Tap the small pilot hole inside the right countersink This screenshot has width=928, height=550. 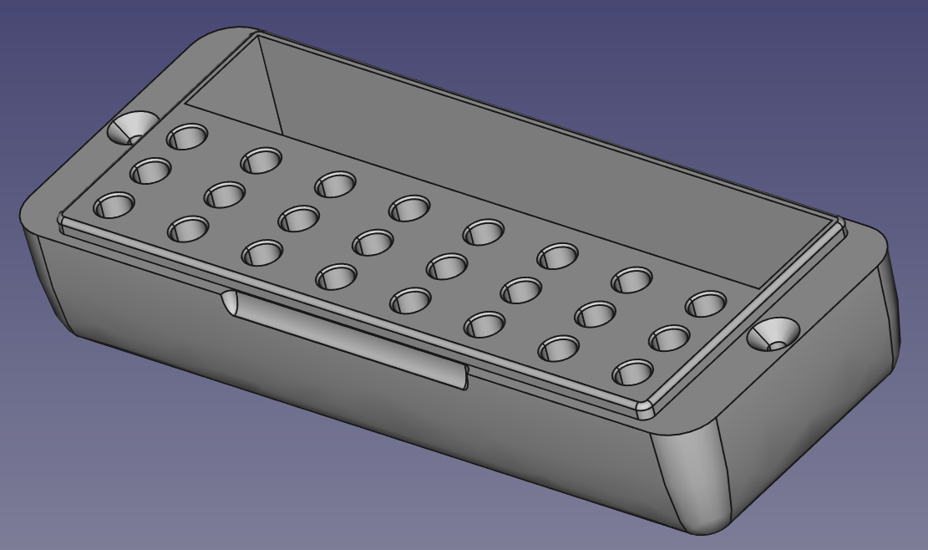click(779, 343)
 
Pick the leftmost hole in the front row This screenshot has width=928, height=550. click(114, 205)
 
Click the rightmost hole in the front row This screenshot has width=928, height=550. click(634, 372)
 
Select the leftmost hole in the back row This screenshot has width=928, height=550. click(188, 136)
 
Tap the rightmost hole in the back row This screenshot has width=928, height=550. click(706, 304)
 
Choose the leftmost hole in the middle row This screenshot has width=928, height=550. click(151, 171)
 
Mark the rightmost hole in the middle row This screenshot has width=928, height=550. click(670, 339)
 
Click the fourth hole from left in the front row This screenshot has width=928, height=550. click(336, 276)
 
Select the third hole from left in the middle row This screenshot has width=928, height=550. click(298, 218)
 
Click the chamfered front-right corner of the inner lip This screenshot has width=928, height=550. click(643, 410)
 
